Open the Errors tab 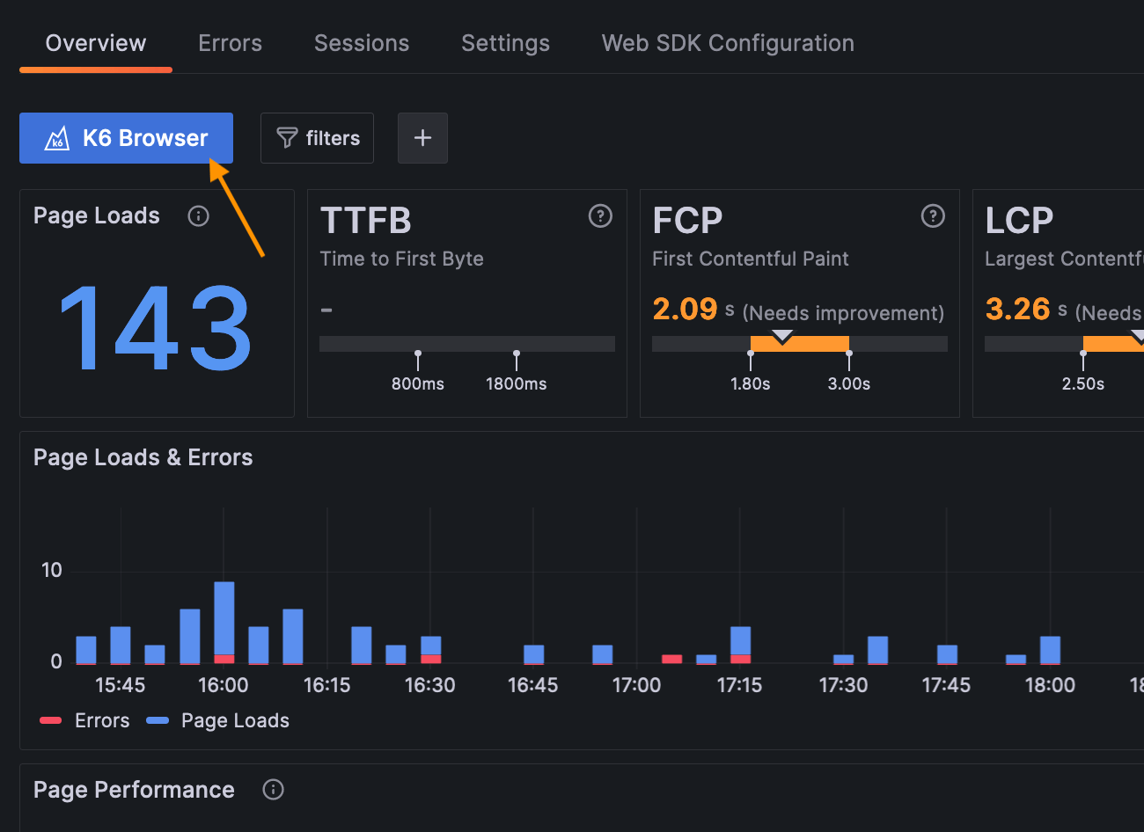230,43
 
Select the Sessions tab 362,43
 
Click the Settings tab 505,43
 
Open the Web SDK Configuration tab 728,43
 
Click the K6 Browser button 126,138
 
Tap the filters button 317,138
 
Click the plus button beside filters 422,138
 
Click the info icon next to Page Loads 199,216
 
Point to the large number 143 156,328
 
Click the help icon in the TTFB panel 600,216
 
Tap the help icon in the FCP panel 933,216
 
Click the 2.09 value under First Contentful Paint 685,309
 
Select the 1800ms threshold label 516,383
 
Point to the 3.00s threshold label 848,383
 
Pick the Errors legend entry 84,720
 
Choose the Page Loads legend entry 218,720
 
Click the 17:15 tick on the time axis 739,685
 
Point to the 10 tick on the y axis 52,570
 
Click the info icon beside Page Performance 274,790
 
